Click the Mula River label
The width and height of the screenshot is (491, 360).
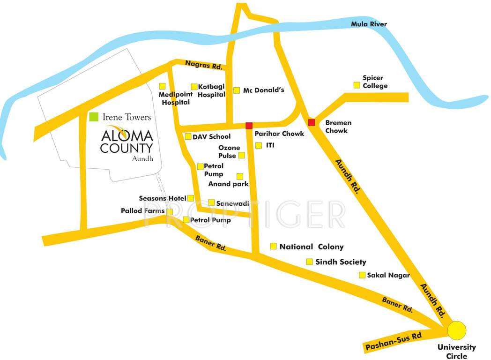click(x=369, y=24)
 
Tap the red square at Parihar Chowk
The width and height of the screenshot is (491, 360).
click(x=249, y=125)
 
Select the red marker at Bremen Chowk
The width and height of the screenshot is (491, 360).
click(x=312, y=122)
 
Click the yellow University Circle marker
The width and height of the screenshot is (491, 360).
click(x=456, y=330)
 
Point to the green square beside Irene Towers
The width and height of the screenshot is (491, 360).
click(x=94, y=116)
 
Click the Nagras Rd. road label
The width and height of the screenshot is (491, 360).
click(x=203, y=65)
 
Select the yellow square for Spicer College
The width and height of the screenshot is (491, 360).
click(x=357, y=85)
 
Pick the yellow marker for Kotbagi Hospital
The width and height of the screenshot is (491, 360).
click(x=194, y=86)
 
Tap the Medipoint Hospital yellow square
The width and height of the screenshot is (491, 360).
click(x=162, y=86)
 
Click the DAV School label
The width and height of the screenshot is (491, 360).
click(x=211, y=136)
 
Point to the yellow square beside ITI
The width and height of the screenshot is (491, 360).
click(x=259, y=146)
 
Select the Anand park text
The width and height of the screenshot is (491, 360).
click(x=228, y=184)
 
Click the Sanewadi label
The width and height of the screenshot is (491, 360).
click(x=229, y=203)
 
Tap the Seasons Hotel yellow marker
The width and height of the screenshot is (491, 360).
click(x=191, y=198)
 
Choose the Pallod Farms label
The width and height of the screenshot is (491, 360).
click(x=142, y=211)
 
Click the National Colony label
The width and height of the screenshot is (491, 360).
click(x=311, y=247)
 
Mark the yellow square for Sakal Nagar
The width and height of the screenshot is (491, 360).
click(x=362, y=275)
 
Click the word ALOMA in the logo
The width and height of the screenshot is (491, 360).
click(x=126, y=136)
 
